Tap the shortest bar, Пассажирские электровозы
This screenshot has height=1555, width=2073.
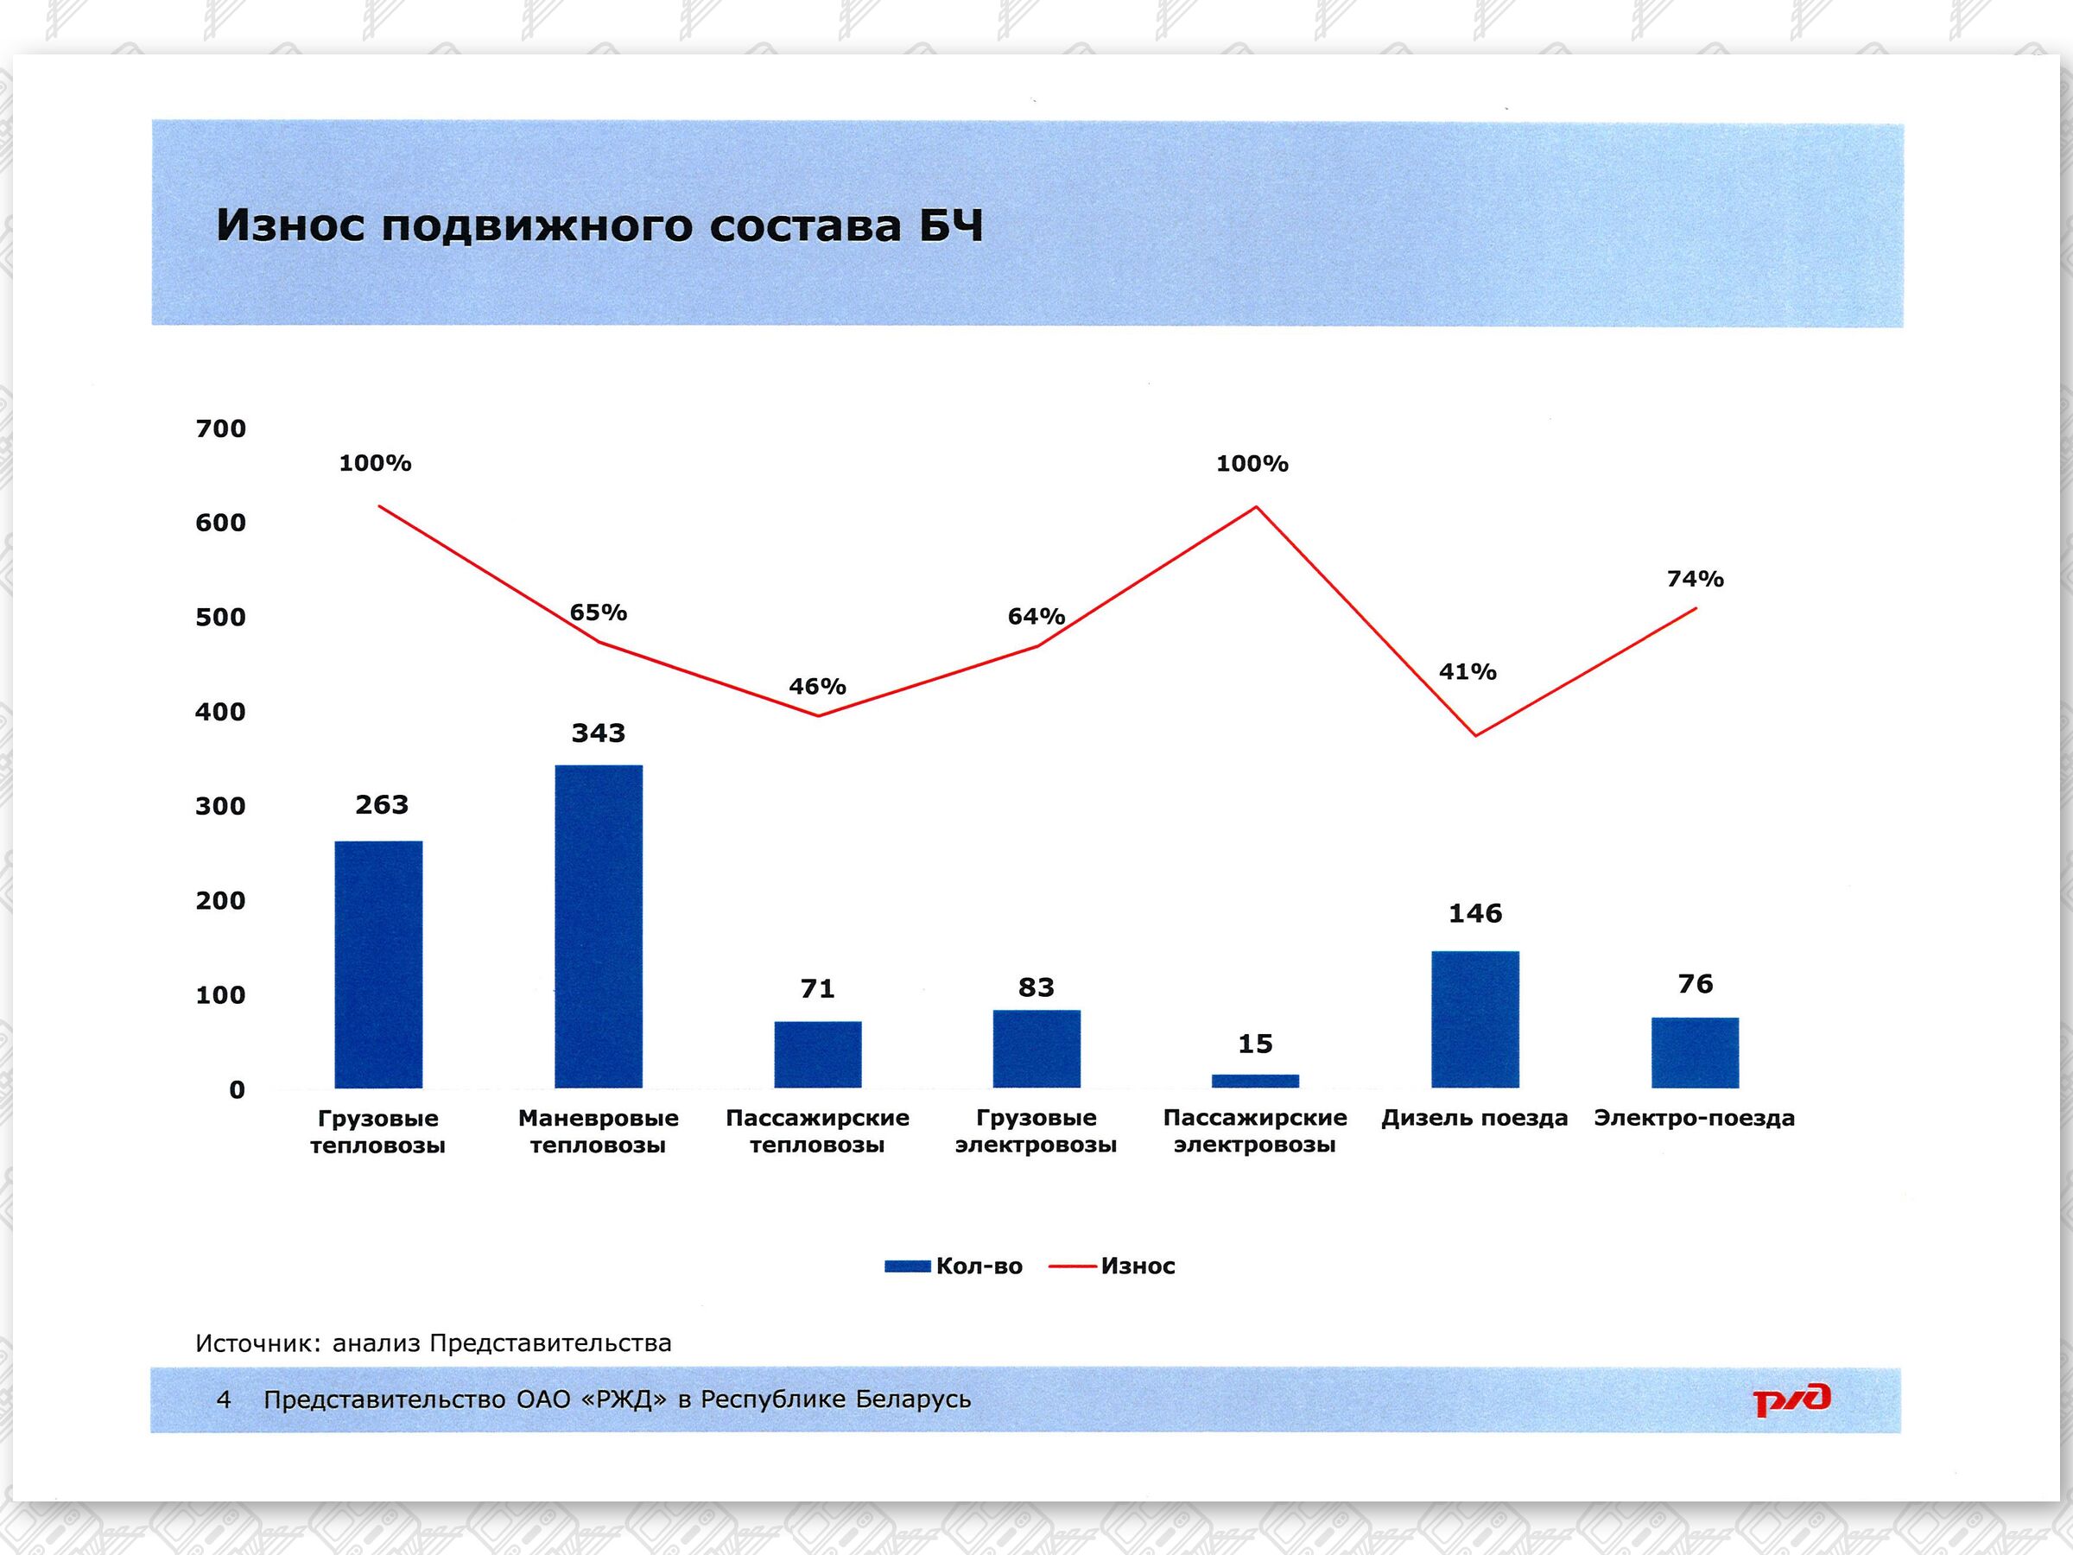[1255, 1081]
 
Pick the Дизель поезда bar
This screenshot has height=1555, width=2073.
[1475, 1019]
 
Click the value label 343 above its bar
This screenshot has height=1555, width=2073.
[598, 733]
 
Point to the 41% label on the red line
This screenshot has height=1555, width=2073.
[1468, 672]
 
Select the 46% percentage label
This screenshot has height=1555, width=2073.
[817, 687]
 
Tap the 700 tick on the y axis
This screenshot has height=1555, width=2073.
[220, 429]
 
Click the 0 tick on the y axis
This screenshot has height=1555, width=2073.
[238, 1090]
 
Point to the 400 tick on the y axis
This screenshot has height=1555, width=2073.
[220, 713]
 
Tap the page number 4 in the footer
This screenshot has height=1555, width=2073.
[224, 1399]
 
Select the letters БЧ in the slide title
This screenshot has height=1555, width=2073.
[950, 225]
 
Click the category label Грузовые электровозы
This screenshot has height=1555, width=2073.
[1036, 1132]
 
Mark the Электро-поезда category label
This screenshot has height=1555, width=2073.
[1694, 1118]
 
